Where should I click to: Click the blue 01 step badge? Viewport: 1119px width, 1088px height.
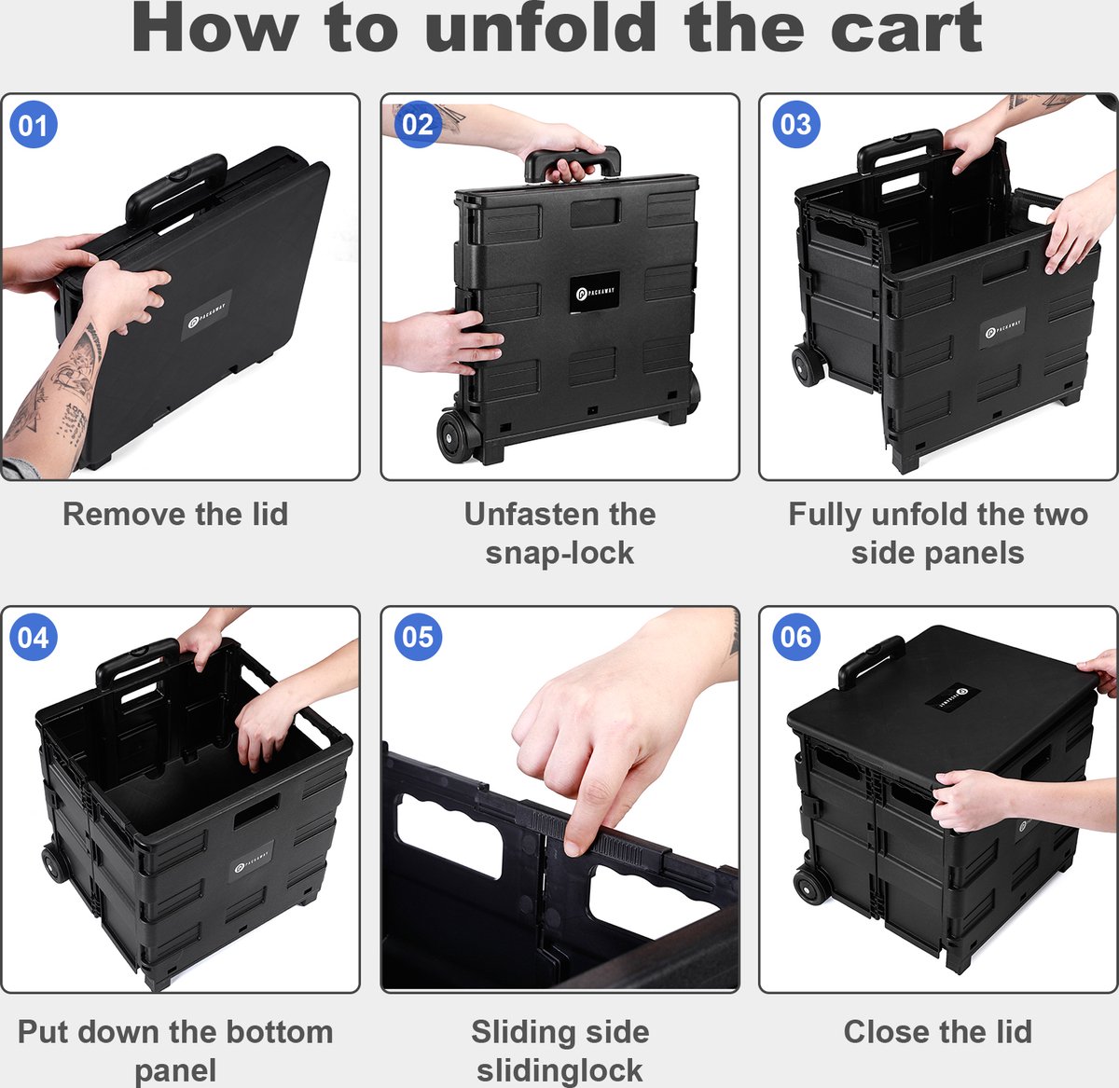coord(34,124)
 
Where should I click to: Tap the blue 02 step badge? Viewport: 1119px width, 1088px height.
coord(418,124)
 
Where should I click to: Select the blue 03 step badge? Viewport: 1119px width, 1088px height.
coord(795,124)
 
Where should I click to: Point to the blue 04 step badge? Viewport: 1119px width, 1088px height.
coord(34,637)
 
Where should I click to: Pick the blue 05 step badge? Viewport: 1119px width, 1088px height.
coord(418,637)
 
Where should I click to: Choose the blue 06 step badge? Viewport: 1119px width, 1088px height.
coord(795,637)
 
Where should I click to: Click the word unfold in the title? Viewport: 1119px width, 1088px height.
coord(541,28)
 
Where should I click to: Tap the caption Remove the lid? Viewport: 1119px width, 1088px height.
coord(175,514)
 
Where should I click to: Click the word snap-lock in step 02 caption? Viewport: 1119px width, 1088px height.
coord(559,553)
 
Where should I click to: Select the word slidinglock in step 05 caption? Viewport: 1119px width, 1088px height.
coord(559,1070)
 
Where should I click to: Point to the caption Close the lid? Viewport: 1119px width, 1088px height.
coord(938,1031)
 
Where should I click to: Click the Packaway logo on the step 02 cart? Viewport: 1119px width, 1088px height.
coord(595,292)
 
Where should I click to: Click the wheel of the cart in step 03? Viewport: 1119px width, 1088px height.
coord(808,365)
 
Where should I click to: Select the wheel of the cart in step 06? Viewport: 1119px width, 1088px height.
coord(810,887)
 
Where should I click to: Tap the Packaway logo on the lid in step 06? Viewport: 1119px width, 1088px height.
coord(945,695)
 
